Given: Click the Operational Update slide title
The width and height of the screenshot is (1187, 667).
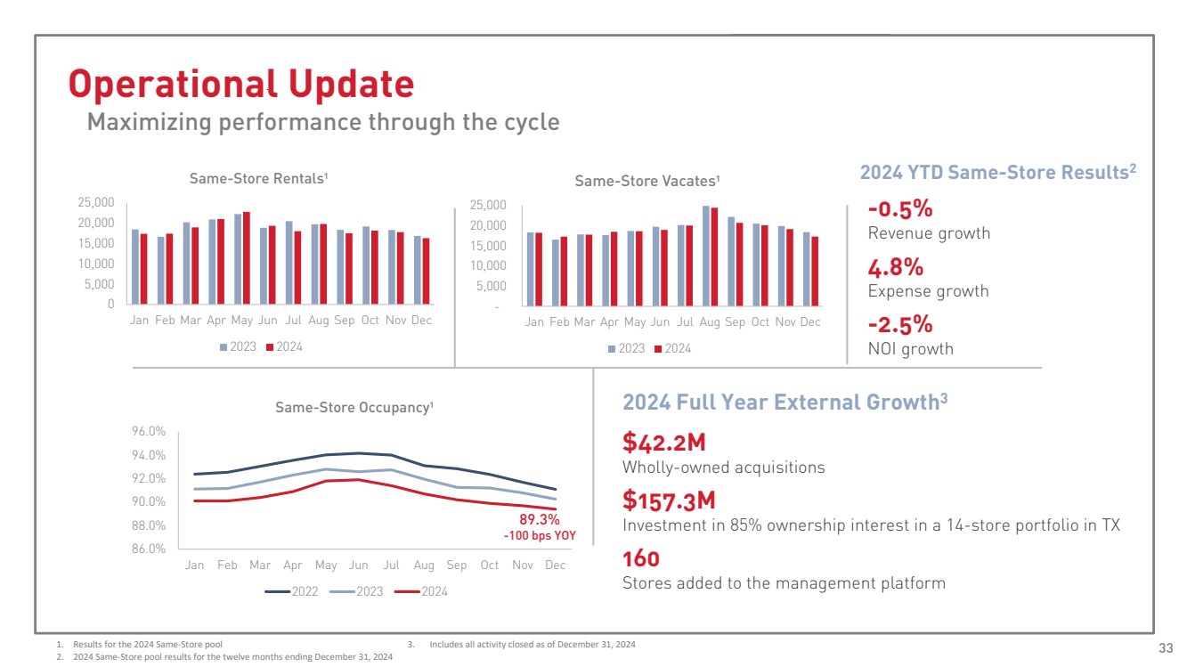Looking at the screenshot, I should point(241,84).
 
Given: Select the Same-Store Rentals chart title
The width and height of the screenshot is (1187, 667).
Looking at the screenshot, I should point(259,179).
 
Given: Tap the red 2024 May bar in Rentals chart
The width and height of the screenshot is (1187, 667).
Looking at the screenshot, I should point(246,258).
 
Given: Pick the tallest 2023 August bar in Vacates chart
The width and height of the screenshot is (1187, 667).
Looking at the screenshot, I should point(706,256).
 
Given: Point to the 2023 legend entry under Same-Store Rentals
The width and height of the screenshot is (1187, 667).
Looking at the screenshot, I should point(239,346).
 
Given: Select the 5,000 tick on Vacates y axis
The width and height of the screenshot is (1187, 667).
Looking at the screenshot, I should point(490,286).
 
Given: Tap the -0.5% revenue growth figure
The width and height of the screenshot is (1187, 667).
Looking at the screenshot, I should point(899,209).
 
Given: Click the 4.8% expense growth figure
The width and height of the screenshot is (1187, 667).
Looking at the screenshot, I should point(895,268).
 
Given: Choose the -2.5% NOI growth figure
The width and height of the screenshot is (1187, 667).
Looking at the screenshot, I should point(899,324).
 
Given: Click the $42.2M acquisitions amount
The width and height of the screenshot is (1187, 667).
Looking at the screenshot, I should point(663,442).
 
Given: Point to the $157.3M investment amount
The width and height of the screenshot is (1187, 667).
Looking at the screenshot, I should point(669,500).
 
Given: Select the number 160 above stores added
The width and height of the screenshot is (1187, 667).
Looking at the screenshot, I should point(641,559).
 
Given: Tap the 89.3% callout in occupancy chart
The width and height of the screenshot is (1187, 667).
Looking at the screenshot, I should point(539,519).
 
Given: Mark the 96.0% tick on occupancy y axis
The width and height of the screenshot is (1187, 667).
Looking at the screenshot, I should point(150,432).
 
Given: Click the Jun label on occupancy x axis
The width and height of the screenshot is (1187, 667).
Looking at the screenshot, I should point(358,565).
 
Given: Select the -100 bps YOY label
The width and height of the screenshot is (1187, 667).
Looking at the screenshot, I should point(540,536).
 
